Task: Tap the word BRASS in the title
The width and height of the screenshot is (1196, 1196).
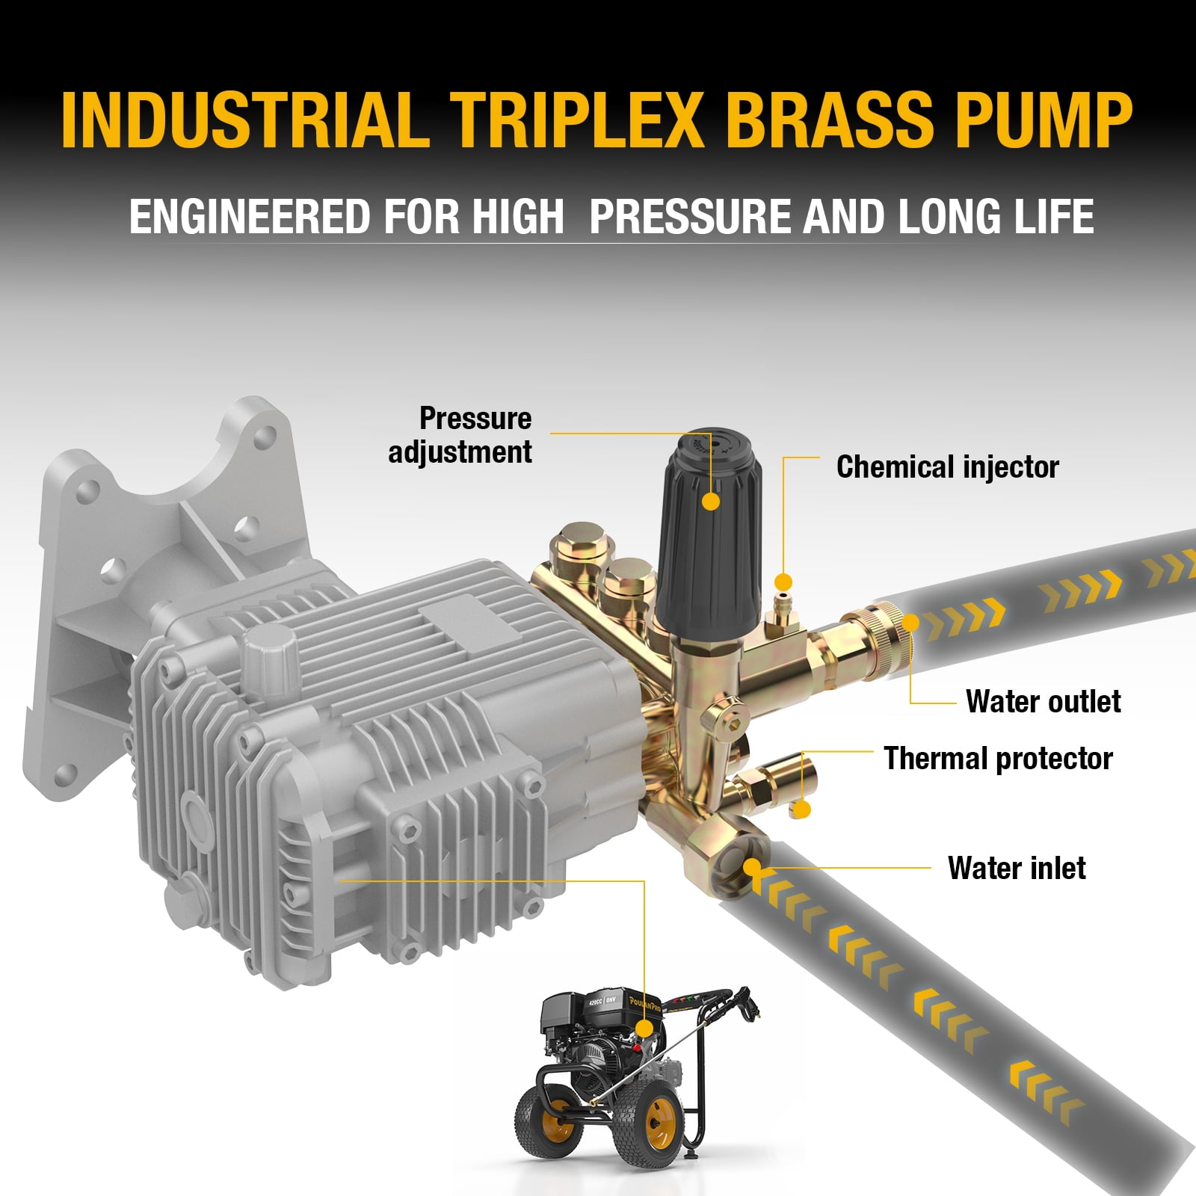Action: (830, 120)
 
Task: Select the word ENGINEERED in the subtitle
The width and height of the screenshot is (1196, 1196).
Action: (250, 216)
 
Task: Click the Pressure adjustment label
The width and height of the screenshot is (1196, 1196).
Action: (460, 435)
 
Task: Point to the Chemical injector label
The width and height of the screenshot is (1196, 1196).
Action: (948, 467)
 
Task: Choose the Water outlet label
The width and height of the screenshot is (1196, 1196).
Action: (1043, 701)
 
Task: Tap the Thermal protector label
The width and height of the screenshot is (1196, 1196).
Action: (998, 758)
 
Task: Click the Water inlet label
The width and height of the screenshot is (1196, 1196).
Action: (1017, 868)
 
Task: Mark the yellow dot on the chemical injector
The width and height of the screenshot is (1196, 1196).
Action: (783, 582)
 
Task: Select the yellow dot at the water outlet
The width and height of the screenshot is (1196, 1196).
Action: (910, 622)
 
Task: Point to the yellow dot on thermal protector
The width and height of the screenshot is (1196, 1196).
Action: (802, 809)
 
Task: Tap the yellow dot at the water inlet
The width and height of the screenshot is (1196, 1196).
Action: (752, 868)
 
